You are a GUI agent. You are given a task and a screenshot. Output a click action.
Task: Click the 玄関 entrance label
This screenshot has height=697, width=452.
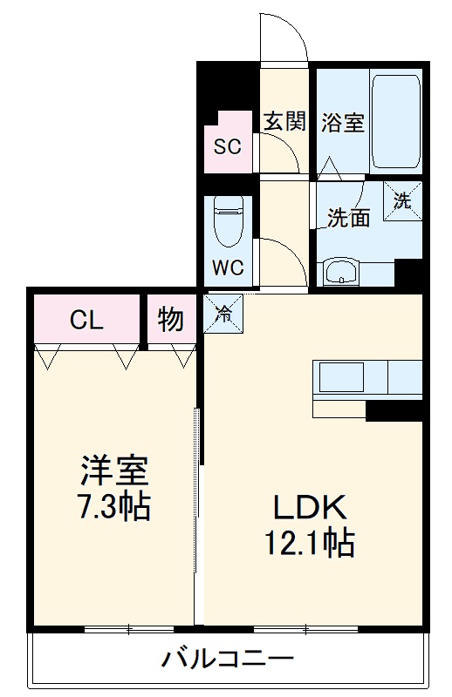point(284,121)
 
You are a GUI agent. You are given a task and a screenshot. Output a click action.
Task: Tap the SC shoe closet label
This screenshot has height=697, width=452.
point(228,146)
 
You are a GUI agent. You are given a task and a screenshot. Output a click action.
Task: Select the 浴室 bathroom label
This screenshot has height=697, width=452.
point(342,122)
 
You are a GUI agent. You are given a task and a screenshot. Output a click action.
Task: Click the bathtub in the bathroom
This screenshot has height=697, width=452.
point(396,121)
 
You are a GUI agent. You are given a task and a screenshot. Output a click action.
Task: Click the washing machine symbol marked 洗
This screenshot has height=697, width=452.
point(402,200)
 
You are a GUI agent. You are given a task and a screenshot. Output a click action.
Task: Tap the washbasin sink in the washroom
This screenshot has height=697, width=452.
point(340,273)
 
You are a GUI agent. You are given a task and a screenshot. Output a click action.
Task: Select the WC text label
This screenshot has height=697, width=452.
point(228,267)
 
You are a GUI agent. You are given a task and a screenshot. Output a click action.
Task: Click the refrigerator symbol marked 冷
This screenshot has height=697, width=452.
point(224,314)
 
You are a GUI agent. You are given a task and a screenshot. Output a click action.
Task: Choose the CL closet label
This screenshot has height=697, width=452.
point(86,320)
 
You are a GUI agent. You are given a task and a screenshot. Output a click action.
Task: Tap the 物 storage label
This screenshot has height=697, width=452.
point(171,320)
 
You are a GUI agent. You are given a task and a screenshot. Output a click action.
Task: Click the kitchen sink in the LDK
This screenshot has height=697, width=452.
point(341,378)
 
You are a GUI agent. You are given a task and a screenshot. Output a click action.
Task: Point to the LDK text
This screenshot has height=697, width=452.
point(311,508)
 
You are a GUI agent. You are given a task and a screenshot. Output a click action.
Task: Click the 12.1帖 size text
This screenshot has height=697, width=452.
point(311,544)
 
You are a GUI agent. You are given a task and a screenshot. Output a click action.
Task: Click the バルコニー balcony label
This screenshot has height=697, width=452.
point(227,658)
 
